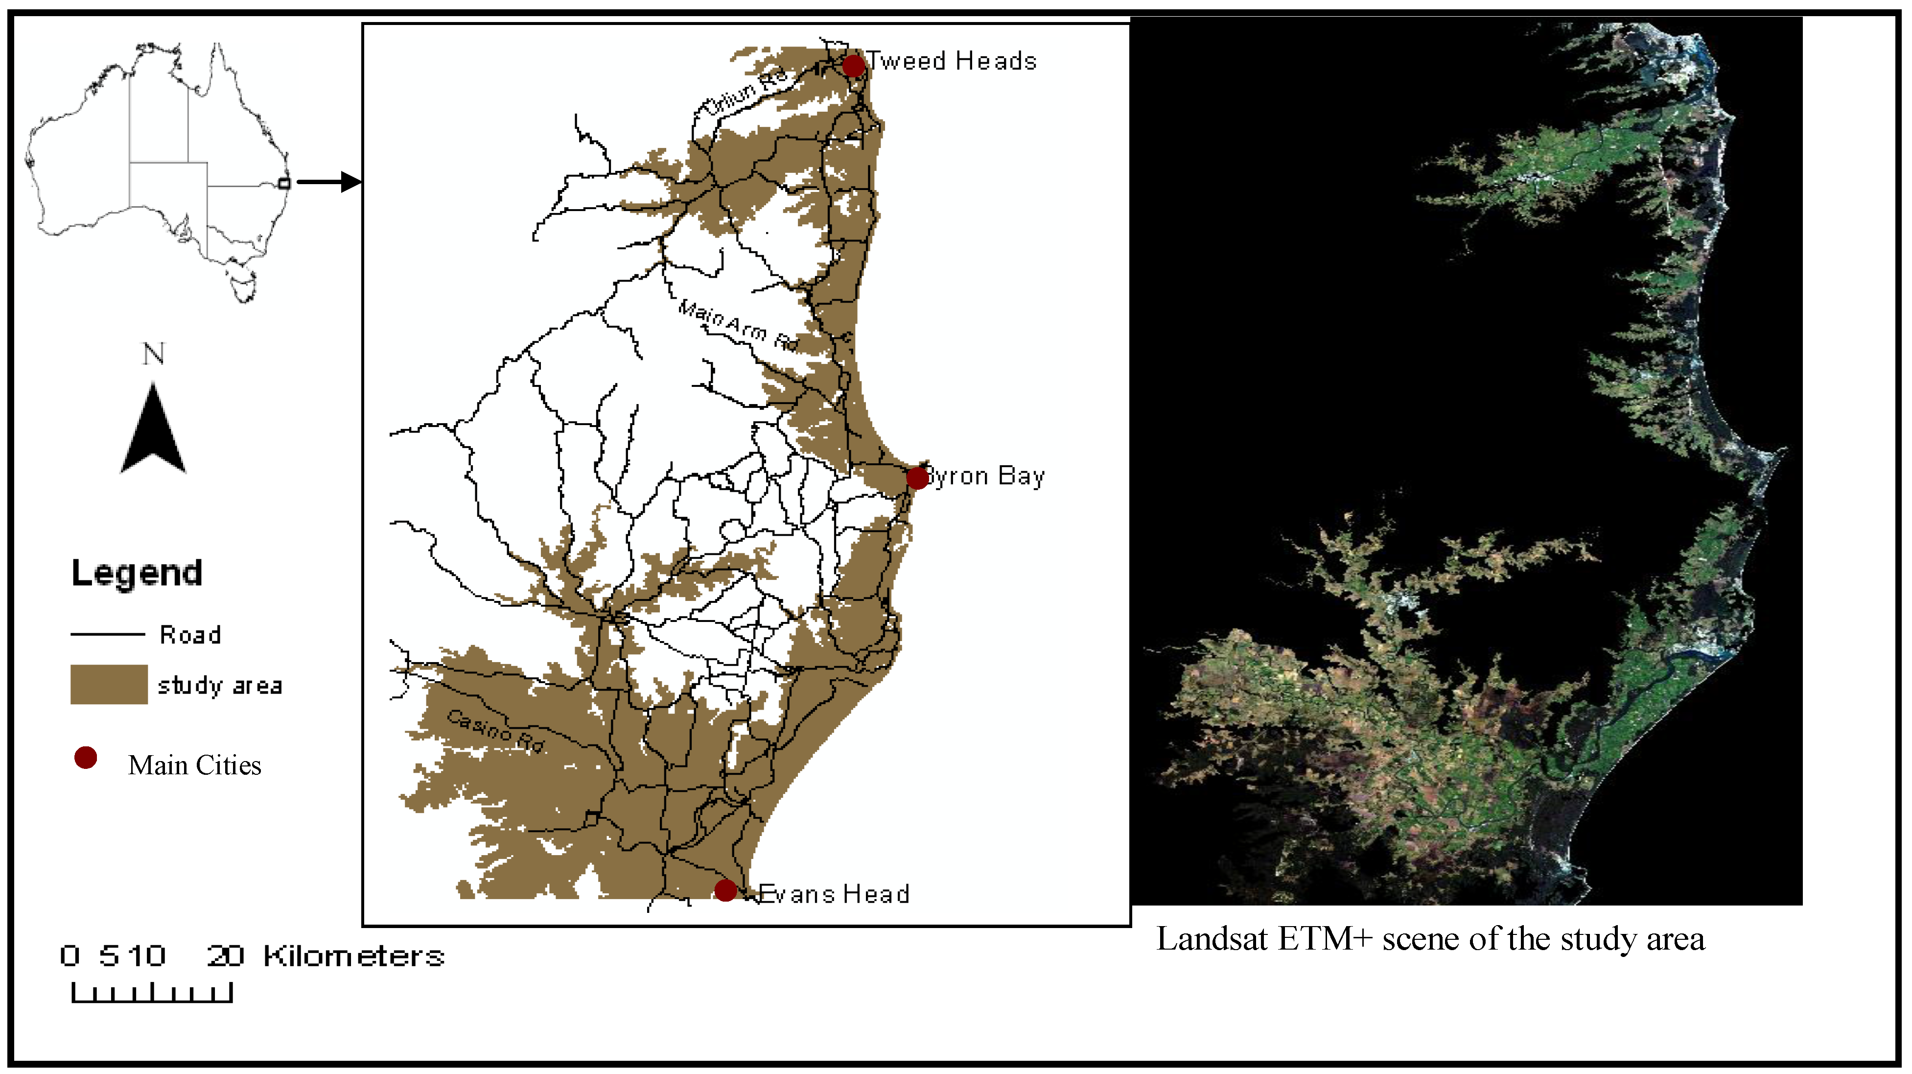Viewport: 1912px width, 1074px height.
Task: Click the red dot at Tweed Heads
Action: (x=854, y=65)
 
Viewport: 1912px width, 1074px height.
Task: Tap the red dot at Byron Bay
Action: (x=917, y=477)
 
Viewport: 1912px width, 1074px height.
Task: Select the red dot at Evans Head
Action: (x=725, y=890)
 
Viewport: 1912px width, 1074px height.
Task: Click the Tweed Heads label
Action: (x=952, y=60)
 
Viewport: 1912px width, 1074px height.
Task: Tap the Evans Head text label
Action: (x=834, y=893)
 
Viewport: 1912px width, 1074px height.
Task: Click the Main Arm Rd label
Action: (x=738, y=325)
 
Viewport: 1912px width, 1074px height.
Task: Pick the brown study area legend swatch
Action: (x=109, y=684)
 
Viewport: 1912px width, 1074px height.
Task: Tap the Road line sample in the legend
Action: (x=108, y=634)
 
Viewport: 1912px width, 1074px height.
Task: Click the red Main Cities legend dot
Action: (x=85, y=758)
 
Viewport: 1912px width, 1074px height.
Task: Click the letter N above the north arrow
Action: (x=154, y=354)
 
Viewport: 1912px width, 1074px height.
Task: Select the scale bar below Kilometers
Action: (x=152, y=992)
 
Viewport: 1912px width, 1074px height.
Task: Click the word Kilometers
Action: (x=353, y=956)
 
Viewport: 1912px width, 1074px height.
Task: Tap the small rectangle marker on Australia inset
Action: (x=283, y=183)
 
